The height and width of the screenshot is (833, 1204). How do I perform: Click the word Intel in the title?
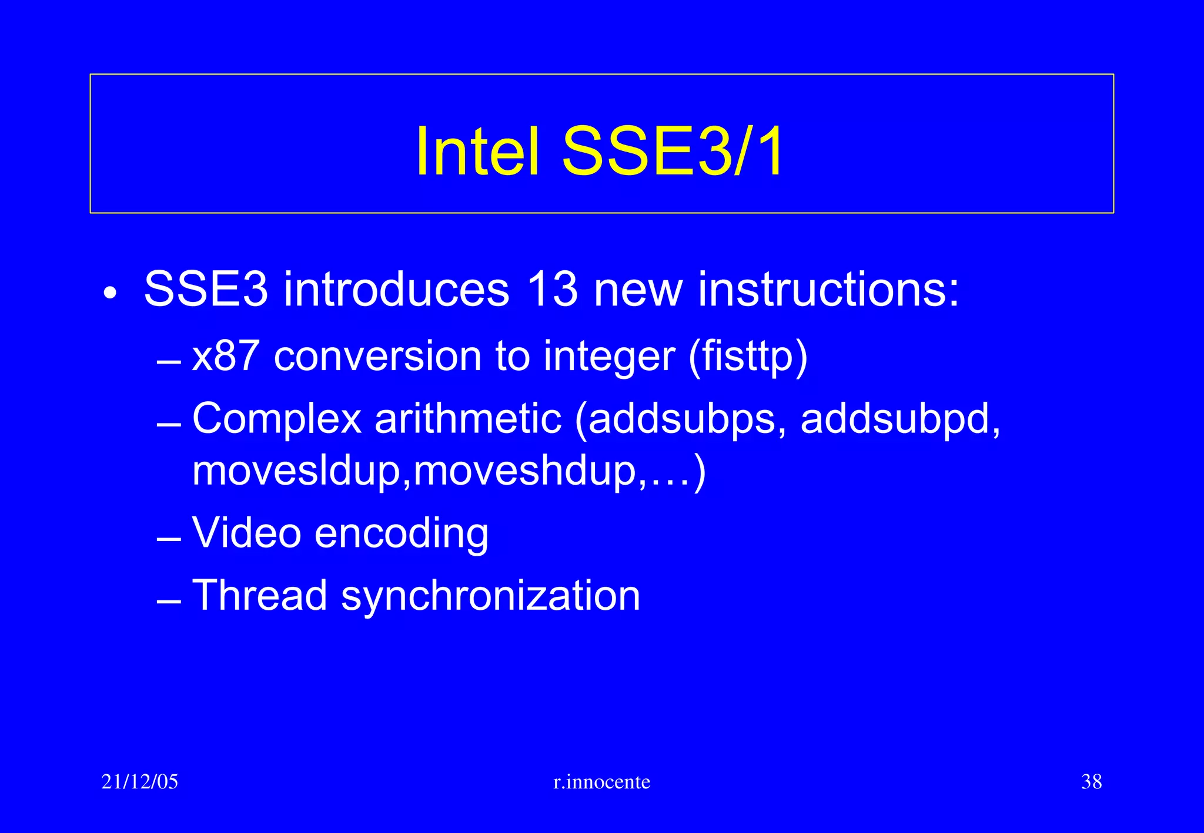(477, 152)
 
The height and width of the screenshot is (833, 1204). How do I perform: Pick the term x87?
(226, 356)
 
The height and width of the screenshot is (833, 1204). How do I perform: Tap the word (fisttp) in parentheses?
(748, 357)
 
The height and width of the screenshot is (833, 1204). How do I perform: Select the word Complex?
(276, 419)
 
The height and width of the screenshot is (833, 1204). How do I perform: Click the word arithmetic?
(468, 418)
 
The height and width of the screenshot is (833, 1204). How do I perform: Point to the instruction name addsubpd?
(900, 419)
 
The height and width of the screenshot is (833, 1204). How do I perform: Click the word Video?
(247, 533)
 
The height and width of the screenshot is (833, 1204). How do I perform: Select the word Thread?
(259, 595)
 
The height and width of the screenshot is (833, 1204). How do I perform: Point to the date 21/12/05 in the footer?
(140, 782)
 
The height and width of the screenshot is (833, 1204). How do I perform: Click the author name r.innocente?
(602, 782)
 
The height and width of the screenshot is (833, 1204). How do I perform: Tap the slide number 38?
(1091, 782)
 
